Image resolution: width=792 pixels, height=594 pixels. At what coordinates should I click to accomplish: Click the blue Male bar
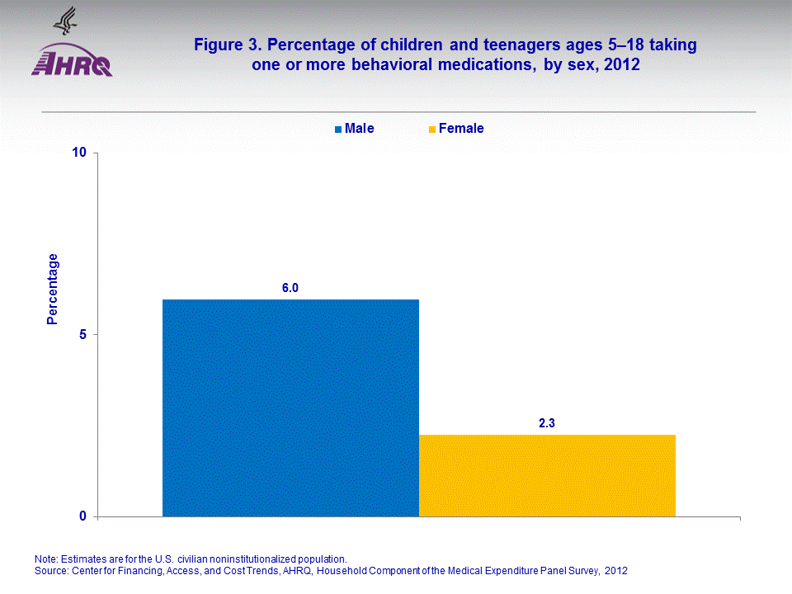[x=290, y=408]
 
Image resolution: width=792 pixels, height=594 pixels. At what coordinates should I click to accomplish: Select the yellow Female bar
[x=547, y=475]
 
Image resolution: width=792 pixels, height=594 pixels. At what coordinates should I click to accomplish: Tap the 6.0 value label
[x=290, y=288]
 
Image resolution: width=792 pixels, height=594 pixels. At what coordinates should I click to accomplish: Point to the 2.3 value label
[x=547, y=423]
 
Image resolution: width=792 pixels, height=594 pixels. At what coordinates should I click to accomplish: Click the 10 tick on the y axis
[x=80, y=153]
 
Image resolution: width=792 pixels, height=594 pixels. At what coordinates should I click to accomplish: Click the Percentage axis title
[x=53, y=289]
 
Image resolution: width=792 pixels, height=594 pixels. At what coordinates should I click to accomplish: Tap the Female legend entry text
[x=461, y=129]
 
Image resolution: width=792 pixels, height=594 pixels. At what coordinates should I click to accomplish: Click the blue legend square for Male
[x=338, y=130]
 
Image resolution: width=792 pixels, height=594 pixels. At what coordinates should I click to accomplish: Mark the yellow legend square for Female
[x=432, y=130]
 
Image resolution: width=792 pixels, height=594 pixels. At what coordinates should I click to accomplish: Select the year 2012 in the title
[x=621, y=65]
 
